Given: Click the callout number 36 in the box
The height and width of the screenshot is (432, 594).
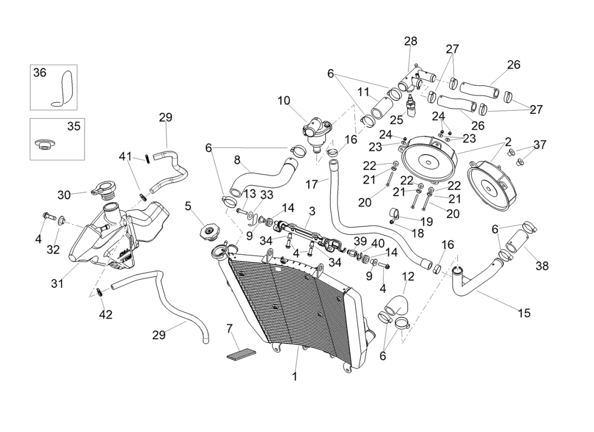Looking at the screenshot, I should [x=40, y=72].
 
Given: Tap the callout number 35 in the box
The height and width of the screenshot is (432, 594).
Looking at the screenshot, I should [x=73, y=126].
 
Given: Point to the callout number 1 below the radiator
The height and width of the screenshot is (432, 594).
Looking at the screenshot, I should [x=295, y=376].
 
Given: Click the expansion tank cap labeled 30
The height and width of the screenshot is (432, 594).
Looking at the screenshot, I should [x=103, y=190].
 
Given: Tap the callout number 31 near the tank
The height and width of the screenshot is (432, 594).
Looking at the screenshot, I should [x=57, y=283].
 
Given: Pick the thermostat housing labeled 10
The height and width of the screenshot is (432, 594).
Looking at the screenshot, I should [x=314, y=132].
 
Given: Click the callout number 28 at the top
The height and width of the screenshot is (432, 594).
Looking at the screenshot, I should [x=410, y=42].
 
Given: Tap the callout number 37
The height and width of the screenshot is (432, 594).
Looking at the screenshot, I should [x=539, y=144].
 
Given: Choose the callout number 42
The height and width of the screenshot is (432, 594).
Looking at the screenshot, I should [x=106, y=314].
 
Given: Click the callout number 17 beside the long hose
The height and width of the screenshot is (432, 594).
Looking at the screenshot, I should [x=312, y=184].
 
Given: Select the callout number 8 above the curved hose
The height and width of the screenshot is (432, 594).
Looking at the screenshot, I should [x=237, y=160].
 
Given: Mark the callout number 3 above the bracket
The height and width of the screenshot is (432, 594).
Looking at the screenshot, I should [x=312, y=210].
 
